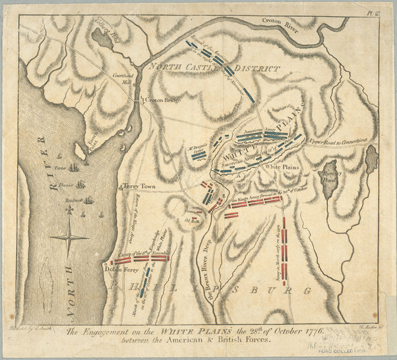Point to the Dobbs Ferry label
point(122,270)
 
